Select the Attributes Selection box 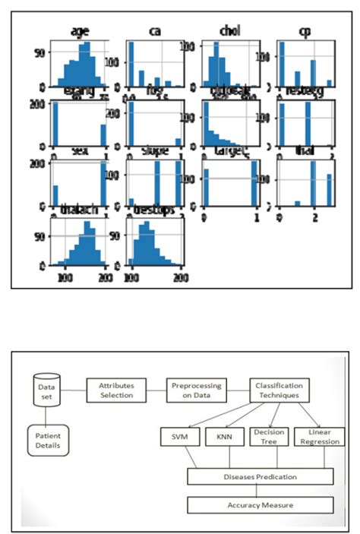point(115,390)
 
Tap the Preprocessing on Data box point(196,390)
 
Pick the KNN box point(223,438)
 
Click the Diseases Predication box point(261,477)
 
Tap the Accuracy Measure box point(261,504)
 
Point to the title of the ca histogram point(154,31)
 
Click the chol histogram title point(230,31)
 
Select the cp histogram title point(305,31)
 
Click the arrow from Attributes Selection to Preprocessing point(155,390)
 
